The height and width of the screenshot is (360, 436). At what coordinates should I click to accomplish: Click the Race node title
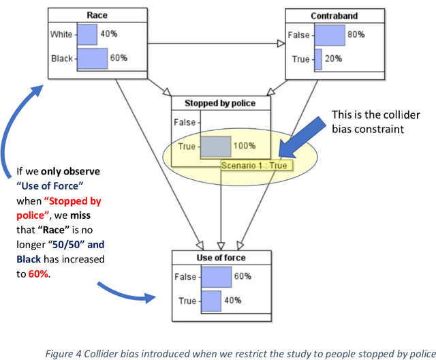tap(97, 15)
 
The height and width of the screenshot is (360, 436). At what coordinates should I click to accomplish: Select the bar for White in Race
tap(87, 33)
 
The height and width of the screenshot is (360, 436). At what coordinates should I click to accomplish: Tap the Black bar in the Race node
tap(93, 58)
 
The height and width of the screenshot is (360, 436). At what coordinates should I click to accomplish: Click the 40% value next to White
tap(109, 33)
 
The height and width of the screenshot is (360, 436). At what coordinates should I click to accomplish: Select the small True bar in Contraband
tap(317, 59)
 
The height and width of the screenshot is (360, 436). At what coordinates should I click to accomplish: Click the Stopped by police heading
tap(220, 104)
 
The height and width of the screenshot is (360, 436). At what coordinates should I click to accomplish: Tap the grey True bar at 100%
tap(215, 146)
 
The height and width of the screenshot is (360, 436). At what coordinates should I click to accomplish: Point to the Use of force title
tap(220, 258)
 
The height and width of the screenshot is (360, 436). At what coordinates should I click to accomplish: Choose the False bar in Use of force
tap(216, 277)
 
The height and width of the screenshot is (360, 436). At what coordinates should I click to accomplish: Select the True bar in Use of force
tap(211, 301)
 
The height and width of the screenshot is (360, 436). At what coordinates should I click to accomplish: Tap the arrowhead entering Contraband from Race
tap(280, 44)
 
